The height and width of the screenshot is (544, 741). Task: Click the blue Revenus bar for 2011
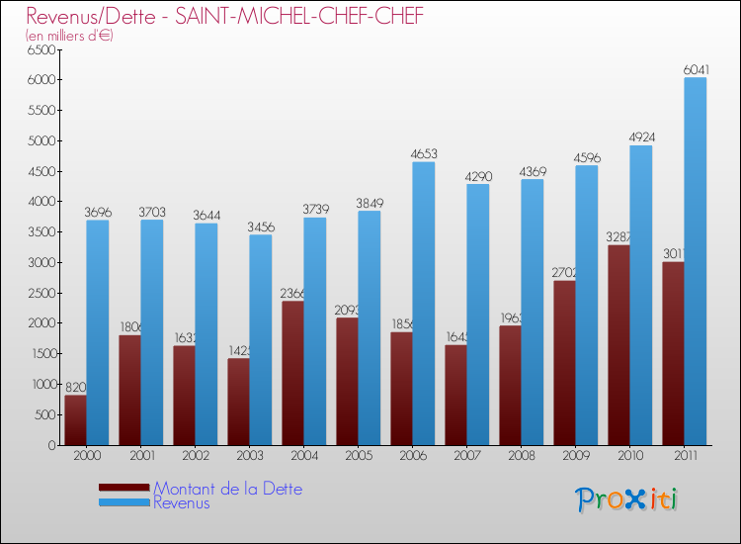(x=695, y=261)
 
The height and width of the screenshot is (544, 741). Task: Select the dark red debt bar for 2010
(x=619, y=345)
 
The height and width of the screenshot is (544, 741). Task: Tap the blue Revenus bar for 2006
(x=423, y=303)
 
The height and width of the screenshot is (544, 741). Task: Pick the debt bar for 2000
(x=76, y=420)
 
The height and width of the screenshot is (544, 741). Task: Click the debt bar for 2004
(x=293, y=373)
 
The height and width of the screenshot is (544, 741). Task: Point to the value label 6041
(x=695, y=69)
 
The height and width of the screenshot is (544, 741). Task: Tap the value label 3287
(x=618, y=237)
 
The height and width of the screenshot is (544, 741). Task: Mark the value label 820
(x=76, y=388)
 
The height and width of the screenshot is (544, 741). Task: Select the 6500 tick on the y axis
(x=41, y=49)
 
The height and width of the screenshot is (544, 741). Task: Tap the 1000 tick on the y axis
(x=41, y=385)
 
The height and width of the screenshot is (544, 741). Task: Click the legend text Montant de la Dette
(x=227, y=489)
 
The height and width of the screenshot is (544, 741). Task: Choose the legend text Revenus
(x=182, y=502)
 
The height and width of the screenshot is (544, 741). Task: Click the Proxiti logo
(x=626, y=499)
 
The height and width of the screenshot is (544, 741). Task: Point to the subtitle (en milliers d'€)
(x=69, y=36)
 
